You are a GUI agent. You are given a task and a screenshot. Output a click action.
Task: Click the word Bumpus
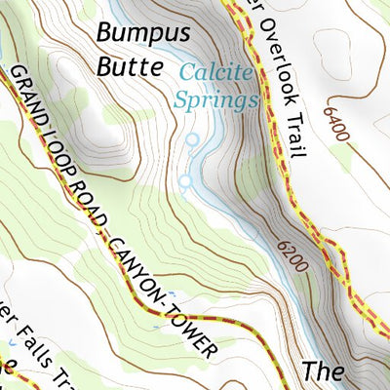pyautogui.click(x=142, y=34)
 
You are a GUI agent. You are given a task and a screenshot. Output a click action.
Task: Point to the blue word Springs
pyautogui.click(x=215, y=98)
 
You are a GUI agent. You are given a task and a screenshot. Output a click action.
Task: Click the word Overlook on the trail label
pyautogui.click(x=275, y=44)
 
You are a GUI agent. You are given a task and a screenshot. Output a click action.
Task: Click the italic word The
pyautogui.click(x=324, y=371)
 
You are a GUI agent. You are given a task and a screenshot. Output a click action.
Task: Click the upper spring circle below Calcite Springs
pyautogui.click(x=192, y=140)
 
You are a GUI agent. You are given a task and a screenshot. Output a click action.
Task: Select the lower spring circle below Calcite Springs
pyautogui.click(x=184, y=180)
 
